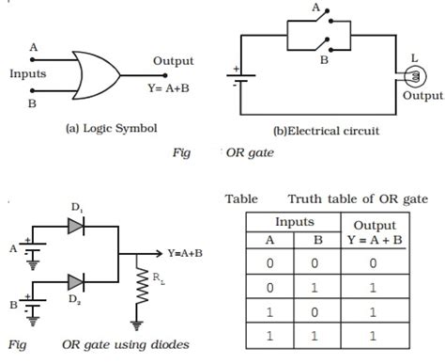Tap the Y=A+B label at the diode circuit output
[x=189, y=253]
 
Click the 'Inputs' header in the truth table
[x=294, y=223]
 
